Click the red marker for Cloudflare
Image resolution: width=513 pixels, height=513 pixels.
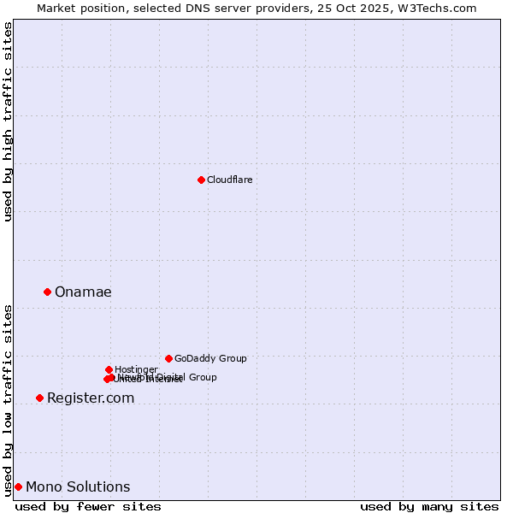coord(201,180)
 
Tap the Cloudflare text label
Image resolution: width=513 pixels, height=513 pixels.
coord(229,180)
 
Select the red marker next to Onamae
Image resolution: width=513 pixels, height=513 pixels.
coord(47,292)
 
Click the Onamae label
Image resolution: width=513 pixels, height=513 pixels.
coord(83,292)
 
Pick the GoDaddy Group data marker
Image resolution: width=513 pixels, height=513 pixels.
coord(168,358)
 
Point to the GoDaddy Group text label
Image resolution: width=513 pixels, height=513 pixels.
coord(210,359)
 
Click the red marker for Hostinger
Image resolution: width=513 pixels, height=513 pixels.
coord(109,369)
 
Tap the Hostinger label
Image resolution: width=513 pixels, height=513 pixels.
coord(135,369)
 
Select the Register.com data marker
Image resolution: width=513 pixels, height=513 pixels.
coord(39,398)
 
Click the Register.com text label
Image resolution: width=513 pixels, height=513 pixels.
coord(91,398)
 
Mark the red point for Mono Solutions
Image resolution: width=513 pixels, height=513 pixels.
coord(18,486)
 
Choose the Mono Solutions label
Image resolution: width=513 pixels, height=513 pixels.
coord(78,487)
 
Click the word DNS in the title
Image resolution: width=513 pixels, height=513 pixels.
coord(198,8)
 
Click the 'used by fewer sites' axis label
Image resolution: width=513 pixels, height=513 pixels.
coord(88,507)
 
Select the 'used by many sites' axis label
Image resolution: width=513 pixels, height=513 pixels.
coord(429,507)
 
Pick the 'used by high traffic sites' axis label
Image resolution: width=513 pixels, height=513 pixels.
coord(9,121)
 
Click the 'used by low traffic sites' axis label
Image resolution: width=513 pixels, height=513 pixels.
coord(9,399)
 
